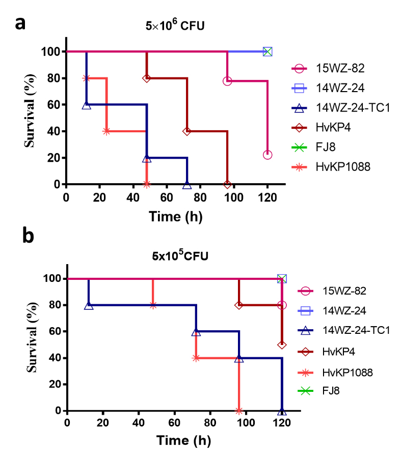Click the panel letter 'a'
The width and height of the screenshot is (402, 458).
point(20,24)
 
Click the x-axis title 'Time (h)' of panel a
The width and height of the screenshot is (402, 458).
point(175,216)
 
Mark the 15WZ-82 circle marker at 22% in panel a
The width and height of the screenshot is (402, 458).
point(267,155)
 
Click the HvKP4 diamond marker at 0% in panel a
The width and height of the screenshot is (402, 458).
point(227,184)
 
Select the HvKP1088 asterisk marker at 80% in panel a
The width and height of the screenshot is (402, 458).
point(86,78)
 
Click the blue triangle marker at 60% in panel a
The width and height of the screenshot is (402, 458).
point(86,105)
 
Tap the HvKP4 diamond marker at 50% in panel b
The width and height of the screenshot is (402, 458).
point(282,345)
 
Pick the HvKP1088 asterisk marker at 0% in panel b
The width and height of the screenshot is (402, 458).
point(238,410)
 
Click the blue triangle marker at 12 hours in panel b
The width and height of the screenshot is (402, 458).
point(89,305)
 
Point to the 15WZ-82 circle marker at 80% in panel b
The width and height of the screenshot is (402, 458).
point(282,305)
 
